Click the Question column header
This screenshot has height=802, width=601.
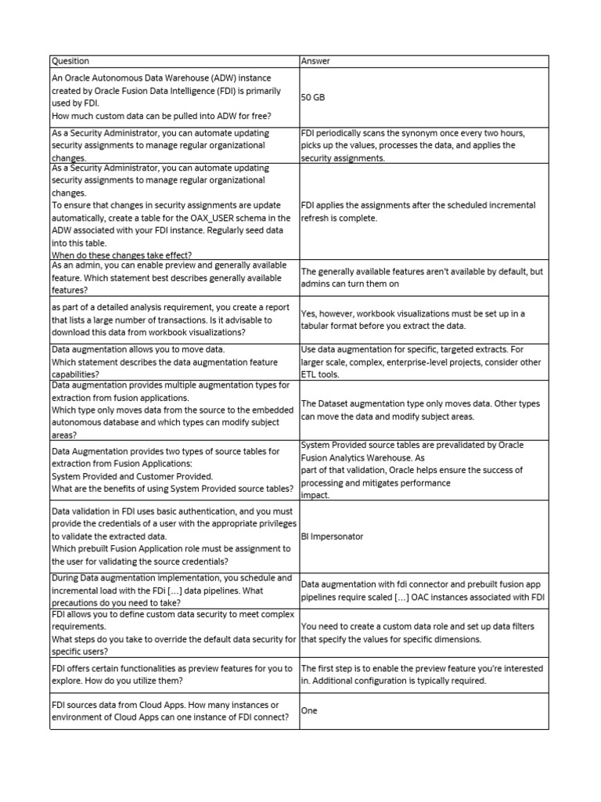[70, 60]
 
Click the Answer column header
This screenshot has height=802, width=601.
[318, 60]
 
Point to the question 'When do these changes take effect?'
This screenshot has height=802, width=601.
[121, 255]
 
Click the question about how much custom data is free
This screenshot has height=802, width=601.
[161, 116]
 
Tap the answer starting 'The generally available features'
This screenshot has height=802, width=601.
[422, 278]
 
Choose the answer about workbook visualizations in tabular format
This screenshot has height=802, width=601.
[412, 320]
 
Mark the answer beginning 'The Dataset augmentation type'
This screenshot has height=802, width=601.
[420, 410]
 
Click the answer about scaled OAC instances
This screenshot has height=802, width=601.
[422, 591]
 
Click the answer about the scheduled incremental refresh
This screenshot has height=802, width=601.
[419, 211]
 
